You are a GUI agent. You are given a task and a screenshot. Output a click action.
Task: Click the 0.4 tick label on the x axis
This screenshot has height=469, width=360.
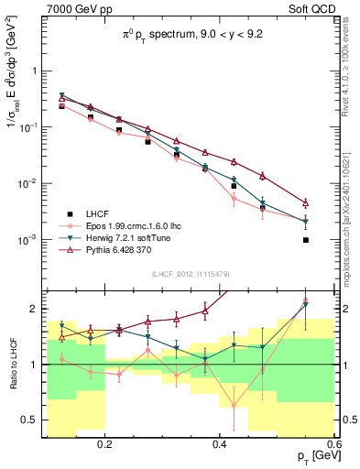click(x=220, y=445)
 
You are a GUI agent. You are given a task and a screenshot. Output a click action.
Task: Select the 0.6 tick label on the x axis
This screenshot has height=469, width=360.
click(x=333, y=445)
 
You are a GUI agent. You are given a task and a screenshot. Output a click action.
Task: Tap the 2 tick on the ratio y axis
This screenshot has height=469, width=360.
click(x=38, y=307)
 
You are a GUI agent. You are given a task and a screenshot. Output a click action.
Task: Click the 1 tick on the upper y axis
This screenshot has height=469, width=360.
click(x=38, y=71)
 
